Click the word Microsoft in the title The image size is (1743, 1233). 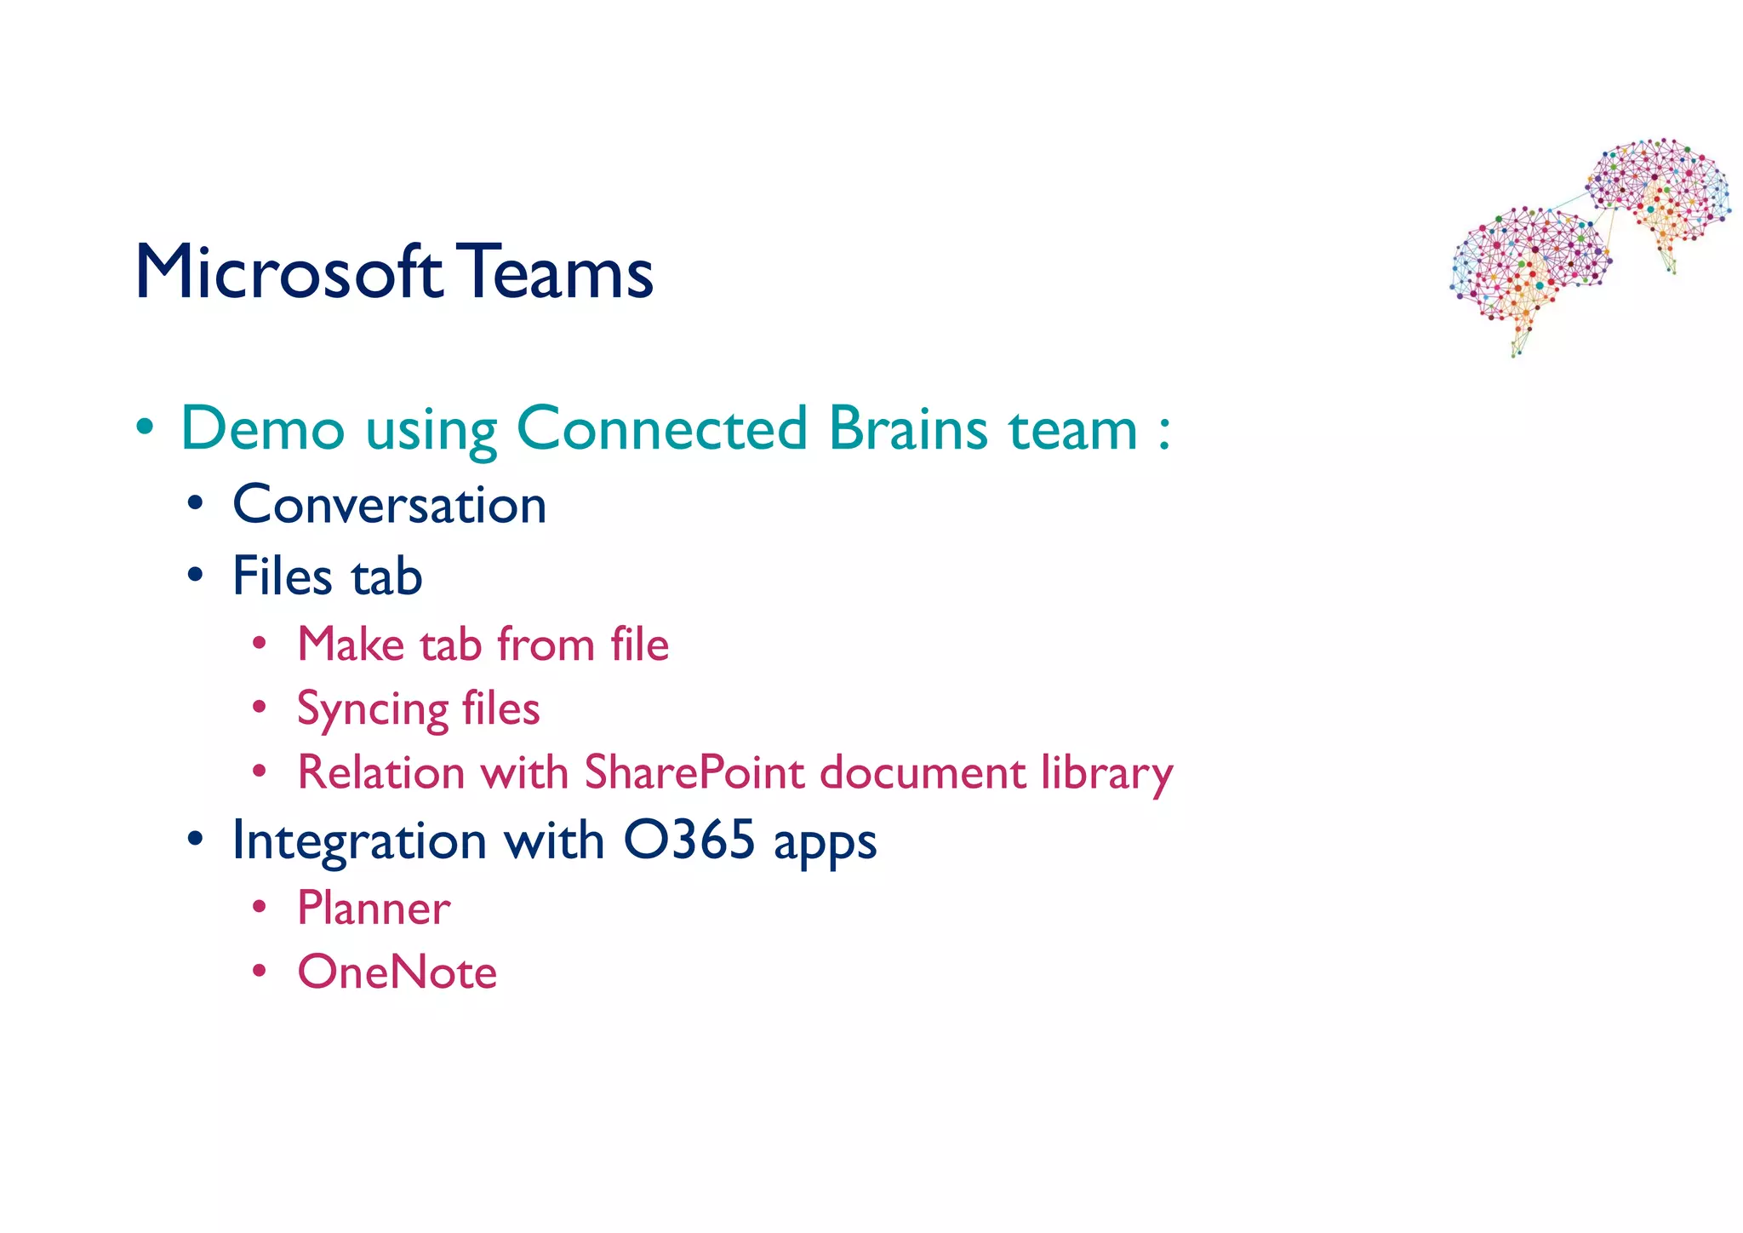pyautogui.click(x=288, y=272)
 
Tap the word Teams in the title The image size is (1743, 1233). pyautogui.click(x=558, y=272)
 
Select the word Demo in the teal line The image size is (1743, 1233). pyautogui.click(x=262, y=428)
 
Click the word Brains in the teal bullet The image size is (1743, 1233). pyautogui.click(x=908, y=428)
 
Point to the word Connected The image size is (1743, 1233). pyautogui.click(x=661, y=428)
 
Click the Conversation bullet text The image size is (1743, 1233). pyautogui.click(x=389, y=505)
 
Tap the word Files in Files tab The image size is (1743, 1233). pyautogui.click(x=282, y=576)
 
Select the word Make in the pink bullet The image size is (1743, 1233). pyautogui.click(x=350, y=645)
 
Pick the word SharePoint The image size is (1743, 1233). pyautogui.click(x=694, y=773)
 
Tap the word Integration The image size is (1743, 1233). pyautogui.click(x=358, y=841)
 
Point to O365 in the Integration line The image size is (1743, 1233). pyautogui.click(x=689, y=840)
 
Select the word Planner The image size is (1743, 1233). pyautogui.click(x=374, y=909)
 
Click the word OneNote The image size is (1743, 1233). pyautogui.click(x=397, y=972)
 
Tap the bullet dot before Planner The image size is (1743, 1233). pyautogui.click(x=260, y=907)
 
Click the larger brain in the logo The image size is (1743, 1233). pyautogui.click(x=1528, y=268)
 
